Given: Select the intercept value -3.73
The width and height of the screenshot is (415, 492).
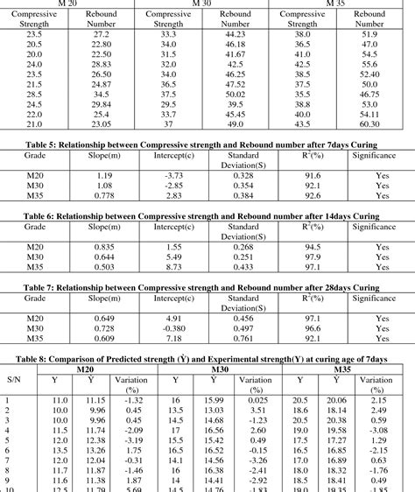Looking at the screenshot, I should click(173, 175).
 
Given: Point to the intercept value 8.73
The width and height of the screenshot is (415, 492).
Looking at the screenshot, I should click(173, 266).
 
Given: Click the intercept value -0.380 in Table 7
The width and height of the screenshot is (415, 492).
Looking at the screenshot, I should click(173, 329).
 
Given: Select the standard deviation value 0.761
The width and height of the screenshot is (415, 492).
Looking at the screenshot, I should click(243, 338).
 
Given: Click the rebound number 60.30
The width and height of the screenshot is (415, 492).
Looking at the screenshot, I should click(369, 124).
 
